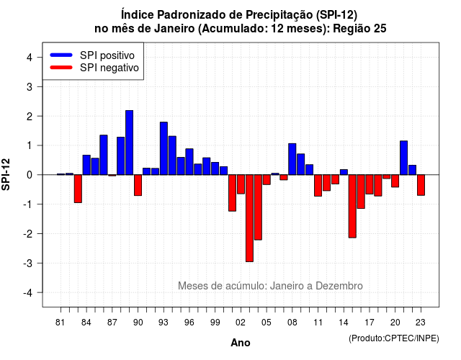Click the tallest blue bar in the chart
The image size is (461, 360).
click(x=130, y=143)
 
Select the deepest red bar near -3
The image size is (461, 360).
click(x=249, y=218)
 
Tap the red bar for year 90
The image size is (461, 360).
click(x=138, y=185)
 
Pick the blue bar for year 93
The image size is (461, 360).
click(x=164, y=148)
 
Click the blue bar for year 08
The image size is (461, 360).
click(x=292, y=159)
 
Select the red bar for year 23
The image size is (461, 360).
click(x=421, y=185)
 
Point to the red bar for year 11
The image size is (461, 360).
click(x=318, y=186)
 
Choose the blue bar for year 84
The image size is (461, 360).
click(x=86, y=165)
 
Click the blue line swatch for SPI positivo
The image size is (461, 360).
click(x=61, y=55)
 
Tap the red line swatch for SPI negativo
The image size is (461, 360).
click(x=61, y=68)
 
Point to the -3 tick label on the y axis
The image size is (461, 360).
click(x=28, y=263)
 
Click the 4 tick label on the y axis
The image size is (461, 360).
click(x=30, y=58)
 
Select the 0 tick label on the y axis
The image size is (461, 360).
click(x=30, y=175)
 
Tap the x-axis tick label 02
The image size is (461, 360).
click(x=241, y=323)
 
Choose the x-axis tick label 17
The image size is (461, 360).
click(x=370, y=323)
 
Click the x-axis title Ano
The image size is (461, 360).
click(x=241, y=343)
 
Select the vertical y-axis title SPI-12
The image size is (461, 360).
click(x=6, y=174)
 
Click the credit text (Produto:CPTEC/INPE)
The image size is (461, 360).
click(x=394, y=338)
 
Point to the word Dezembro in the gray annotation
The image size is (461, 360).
click(x=339, y=286)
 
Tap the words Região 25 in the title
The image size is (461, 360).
click(x=359, y=29)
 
